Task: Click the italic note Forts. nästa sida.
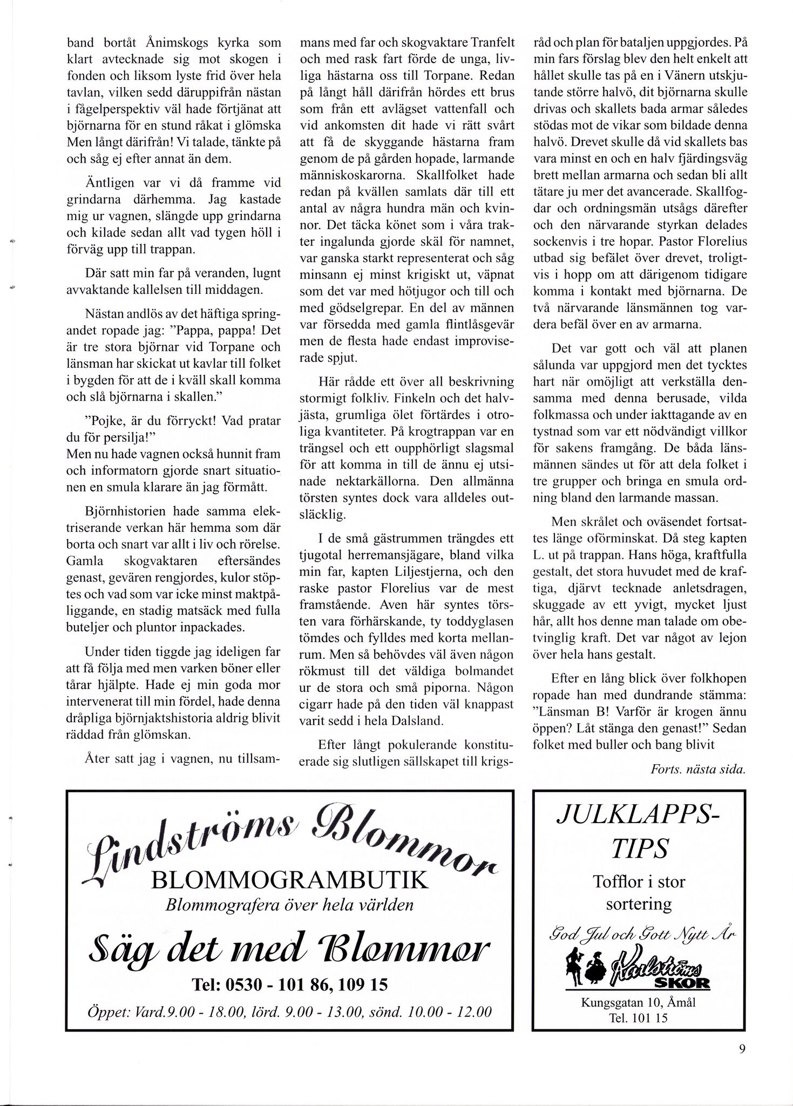[x=698, y=770]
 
